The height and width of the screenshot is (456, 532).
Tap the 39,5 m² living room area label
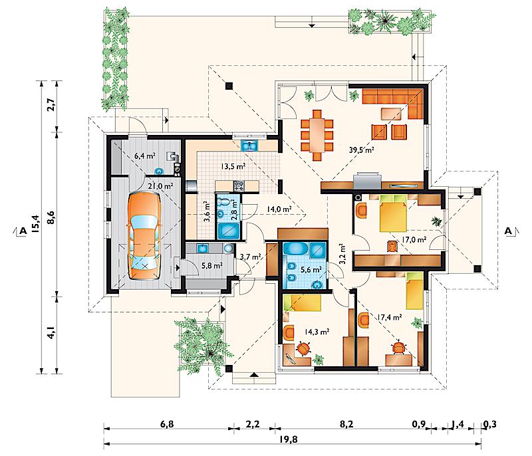[x=361, y=150]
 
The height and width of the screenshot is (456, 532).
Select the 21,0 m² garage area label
[x=160, y=186]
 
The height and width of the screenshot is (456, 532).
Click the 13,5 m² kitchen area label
[x=233, y=166]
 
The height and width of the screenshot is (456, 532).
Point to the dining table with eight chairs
[x=317, y=134]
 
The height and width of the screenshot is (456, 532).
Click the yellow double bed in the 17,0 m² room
[x=393, y=213]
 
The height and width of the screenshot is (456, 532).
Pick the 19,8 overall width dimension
[x=289, y=439]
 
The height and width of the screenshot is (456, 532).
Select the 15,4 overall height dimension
[x=35, y=224]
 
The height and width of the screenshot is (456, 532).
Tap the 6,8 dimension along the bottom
[x=167, y=424]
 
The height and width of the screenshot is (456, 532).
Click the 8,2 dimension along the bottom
[x=346, y=424]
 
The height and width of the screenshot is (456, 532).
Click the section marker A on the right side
[x=508, y=231]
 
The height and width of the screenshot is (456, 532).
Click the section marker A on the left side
[x=23, y=231]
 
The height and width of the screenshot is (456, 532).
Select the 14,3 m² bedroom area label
[x=317, y=332]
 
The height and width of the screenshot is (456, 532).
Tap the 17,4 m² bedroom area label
[x=390, y=317]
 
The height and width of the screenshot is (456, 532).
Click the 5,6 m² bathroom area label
[x=311, y=270]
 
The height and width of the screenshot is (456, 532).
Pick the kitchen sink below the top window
[x=250, y=146]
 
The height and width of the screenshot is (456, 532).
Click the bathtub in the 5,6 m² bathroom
[x=295, y=249]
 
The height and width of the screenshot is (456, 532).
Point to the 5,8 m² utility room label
[x=212, y=265]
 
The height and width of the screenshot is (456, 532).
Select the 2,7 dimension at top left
[x=51, y=105]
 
